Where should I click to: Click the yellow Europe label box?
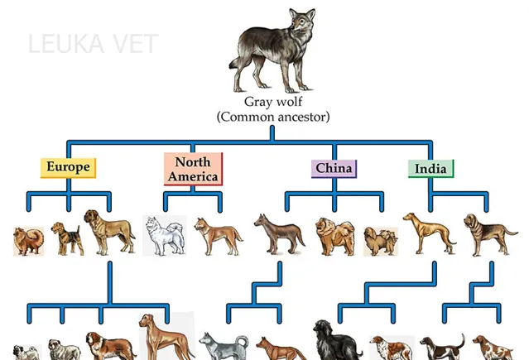point(68,168)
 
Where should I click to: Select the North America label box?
point(194,169)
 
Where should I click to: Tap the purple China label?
point(334,169)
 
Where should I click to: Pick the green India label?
point(430,169)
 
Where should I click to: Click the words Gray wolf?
point(273,102)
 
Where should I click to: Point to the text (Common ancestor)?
point(273,117)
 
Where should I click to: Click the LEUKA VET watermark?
point(93,44)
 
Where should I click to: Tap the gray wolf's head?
point(302,20)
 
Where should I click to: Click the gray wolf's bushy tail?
point(235,63)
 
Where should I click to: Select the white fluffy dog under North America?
point(165,235)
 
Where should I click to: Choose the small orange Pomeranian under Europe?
point(29,241)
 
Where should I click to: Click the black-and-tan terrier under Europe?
point(67,238)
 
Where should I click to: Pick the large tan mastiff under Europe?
point(109,232)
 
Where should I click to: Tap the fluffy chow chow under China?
point(334,236)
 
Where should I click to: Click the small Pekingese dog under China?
point(381,242)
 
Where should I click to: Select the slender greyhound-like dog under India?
point(429,233)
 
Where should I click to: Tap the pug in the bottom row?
point(26,353)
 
